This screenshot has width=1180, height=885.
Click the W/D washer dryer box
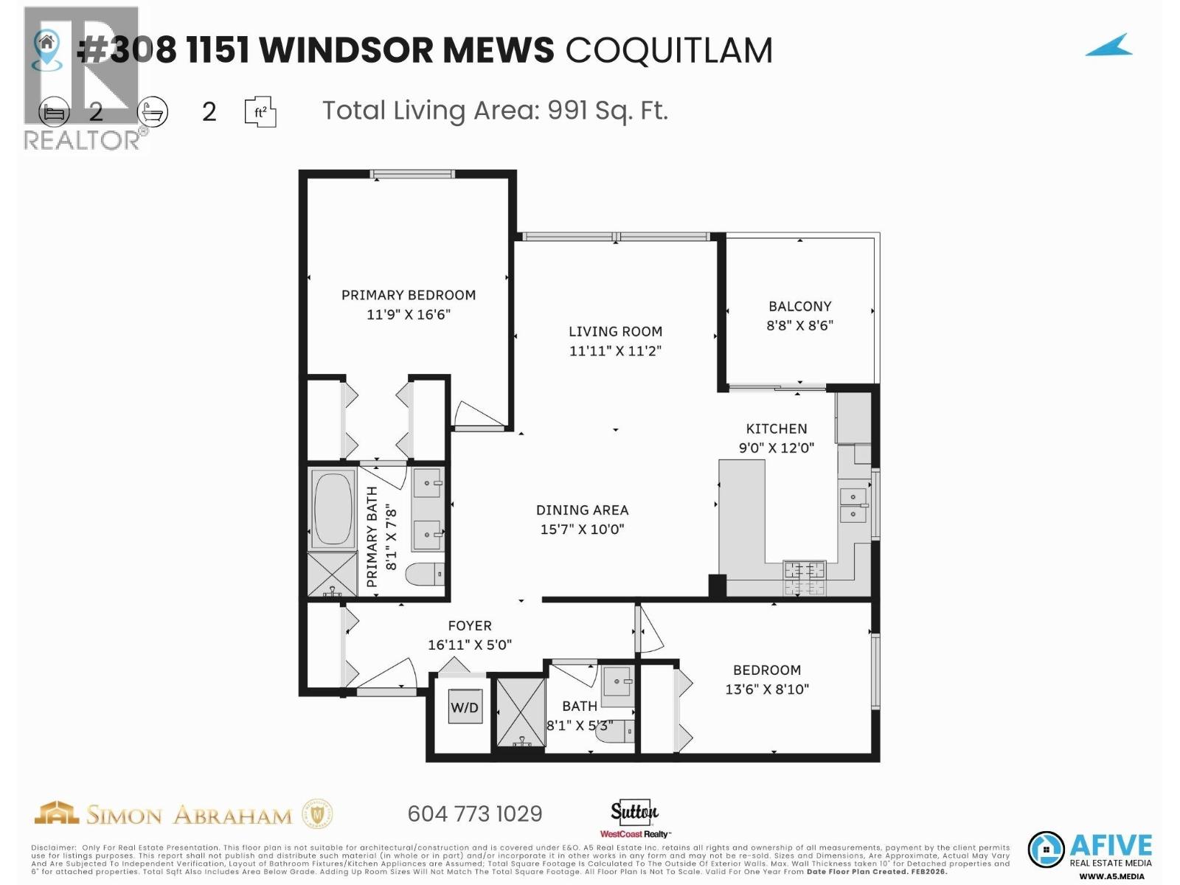[x=465, y=708]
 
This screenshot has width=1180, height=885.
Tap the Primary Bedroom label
[x=408, y=295]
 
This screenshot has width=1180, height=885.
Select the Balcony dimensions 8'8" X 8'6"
[x=799, y=325]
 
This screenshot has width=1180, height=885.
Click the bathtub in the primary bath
[x=333, y=509]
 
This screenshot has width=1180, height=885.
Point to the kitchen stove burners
[x=804, y=577]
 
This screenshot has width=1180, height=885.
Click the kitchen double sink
[x=853, y=504]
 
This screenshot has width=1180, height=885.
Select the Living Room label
[x=615, y=332]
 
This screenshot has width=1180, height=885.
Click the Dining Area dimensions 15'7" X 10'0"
[x=582, y=529]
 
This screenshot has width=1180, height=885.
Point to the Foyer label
[x=469, y=625]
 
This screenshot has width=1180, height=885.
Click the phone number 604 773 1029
[x=474, y=813]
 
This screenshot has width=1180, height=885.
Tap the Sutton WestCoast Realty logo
[x=634, y=819]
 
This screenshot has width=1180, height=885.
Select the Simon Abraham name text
[x=189, y=815]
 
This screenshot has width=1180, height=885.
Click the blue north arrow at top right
[x=1109, y=46]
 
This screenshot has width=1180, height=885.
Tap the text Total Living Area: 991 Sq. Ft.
[x=495, y=111]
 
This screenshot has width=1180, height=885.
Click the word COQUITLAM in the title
[x=669, y=50]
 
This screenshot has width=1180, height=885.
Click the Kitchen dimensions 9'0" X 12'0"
[x=776, y=448]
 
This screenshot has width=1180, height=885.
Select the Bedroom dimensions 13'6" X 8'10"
[x=766, y=690]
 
